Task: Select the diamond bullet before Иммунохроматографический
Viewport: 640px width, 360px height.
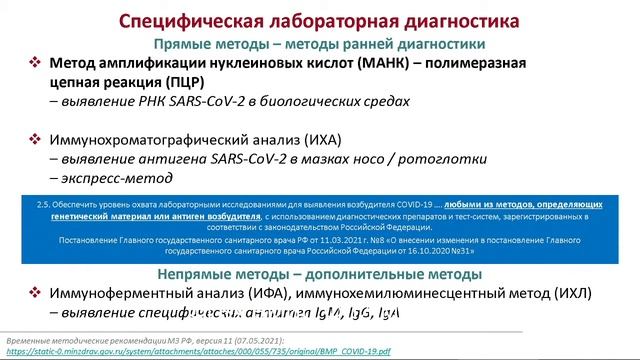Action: [x=33, y=139]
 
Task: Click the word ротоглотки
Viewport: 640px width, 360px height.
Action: [x=441, y=158]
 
